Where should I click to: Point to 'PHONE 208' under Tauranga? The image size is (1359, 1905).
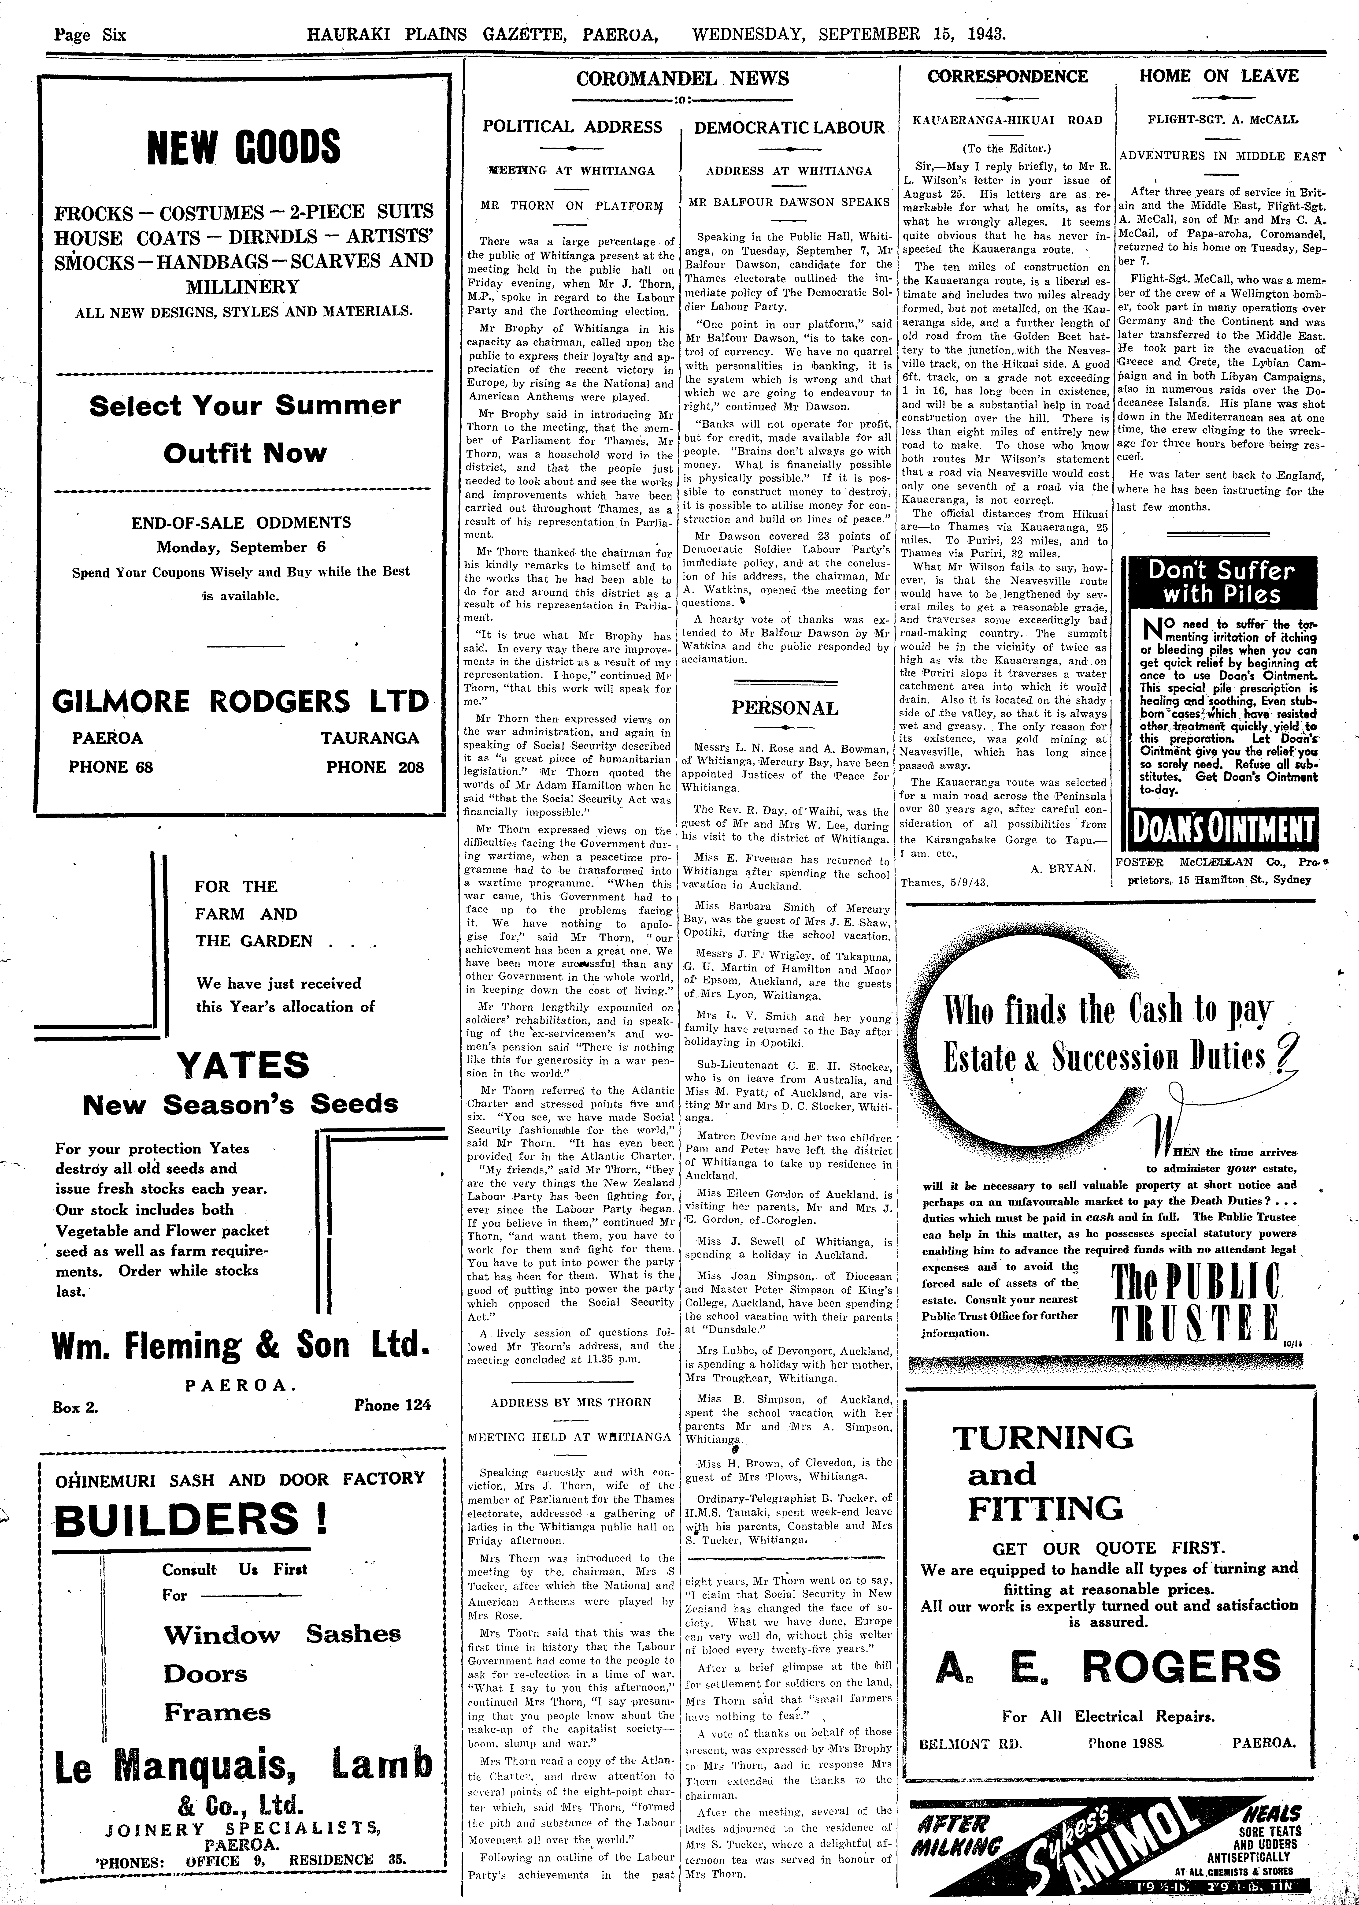click(x=375, y=767)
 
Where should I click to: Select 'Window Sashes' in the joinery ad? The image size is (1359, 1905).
click(x=282, y=1634)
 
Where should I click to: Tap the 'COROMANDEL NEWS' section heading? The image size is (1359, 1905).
click(x=682, y=79)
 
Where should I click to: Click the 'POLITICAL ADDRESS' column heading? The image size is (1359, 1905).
click(x=572, y=127)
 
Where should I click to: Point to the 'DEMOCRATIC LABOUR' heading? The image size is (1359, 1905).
click(x=789, y=128)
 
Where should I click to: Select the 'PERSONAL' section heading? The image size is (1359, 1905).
click(x=785, y=708)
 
